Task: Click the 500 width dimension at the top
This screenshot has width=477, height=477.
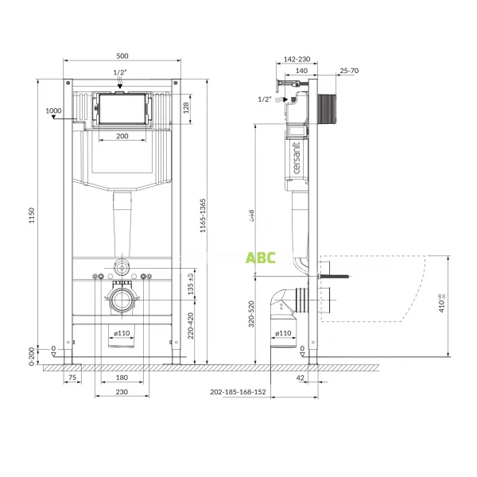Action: pyautogui.click(x=122, y=56)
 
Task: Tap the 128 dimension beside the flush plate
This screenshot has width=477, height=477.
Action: pyautogui.click(x=185, y=107)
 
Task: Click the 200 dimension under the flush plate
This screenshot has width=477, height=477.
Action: pyautogui.click(x=122, y=137)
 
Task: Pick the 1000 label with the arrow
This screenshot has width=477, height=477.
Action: pyautogui.click(x=53, y=111)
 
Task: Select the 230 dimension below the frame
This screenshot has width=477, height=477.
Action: pyautogui.click(x=122, y=392)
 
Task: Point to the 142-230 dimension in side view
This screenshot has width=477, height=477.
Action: pyautogui.click(x=296, y=59)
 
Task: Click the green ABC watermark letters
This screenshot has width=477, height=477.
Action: pyautogui.click(x=260, y=257)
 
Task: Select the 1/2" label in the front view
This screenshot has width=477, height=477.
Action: pyautogui.click(x=120, y=72)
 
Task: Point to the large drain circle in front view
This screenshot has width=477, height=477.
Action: pyautogui.click(x=122, y=302)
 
